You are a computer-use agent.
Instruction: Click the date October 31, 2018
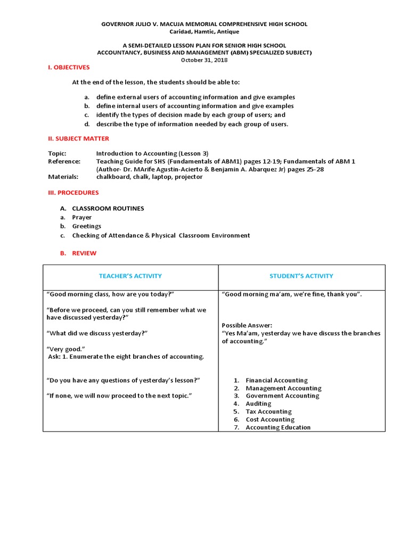(204, 60)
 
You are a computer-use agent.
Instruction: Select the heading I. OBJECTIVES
(69, 68)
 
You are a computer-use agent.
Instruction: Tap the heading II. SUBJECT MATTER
(78, 138)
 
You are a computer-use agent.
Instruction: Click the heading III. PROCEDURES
(73, 193)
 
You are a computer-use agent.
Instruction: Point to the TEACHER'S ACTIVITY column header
(130, 276)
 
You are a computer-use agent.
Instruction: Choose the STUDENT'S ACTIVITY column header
(301, 276)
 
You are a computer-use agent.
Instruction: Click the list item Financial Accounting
(276, 381)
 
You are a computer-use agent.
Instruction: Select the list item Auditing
(258, 404)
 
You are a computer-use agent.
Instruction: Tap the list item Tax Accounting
(268, 411)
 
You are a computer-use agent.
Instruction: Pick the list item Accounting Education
(278, 427)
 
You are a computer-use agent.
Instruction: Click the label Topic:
(57, 153)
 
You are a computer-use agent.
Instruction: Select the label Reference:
(64, 161)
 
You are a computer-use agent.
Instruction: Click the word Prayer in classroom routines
(82, 217)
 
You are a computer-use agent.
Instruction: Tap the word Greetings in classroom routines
(87, 226)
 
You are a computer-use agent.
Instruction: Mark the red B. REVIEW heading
(78, 253)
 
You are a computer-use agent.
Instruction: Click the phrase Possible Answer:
(247, 325)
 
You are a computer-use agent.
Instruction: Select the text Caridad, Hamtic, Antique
(204, 32)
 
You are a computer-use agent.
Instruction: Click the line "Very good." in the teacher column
(66, 349)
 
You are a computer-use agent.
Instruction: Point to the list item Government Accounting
(282, 396)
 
